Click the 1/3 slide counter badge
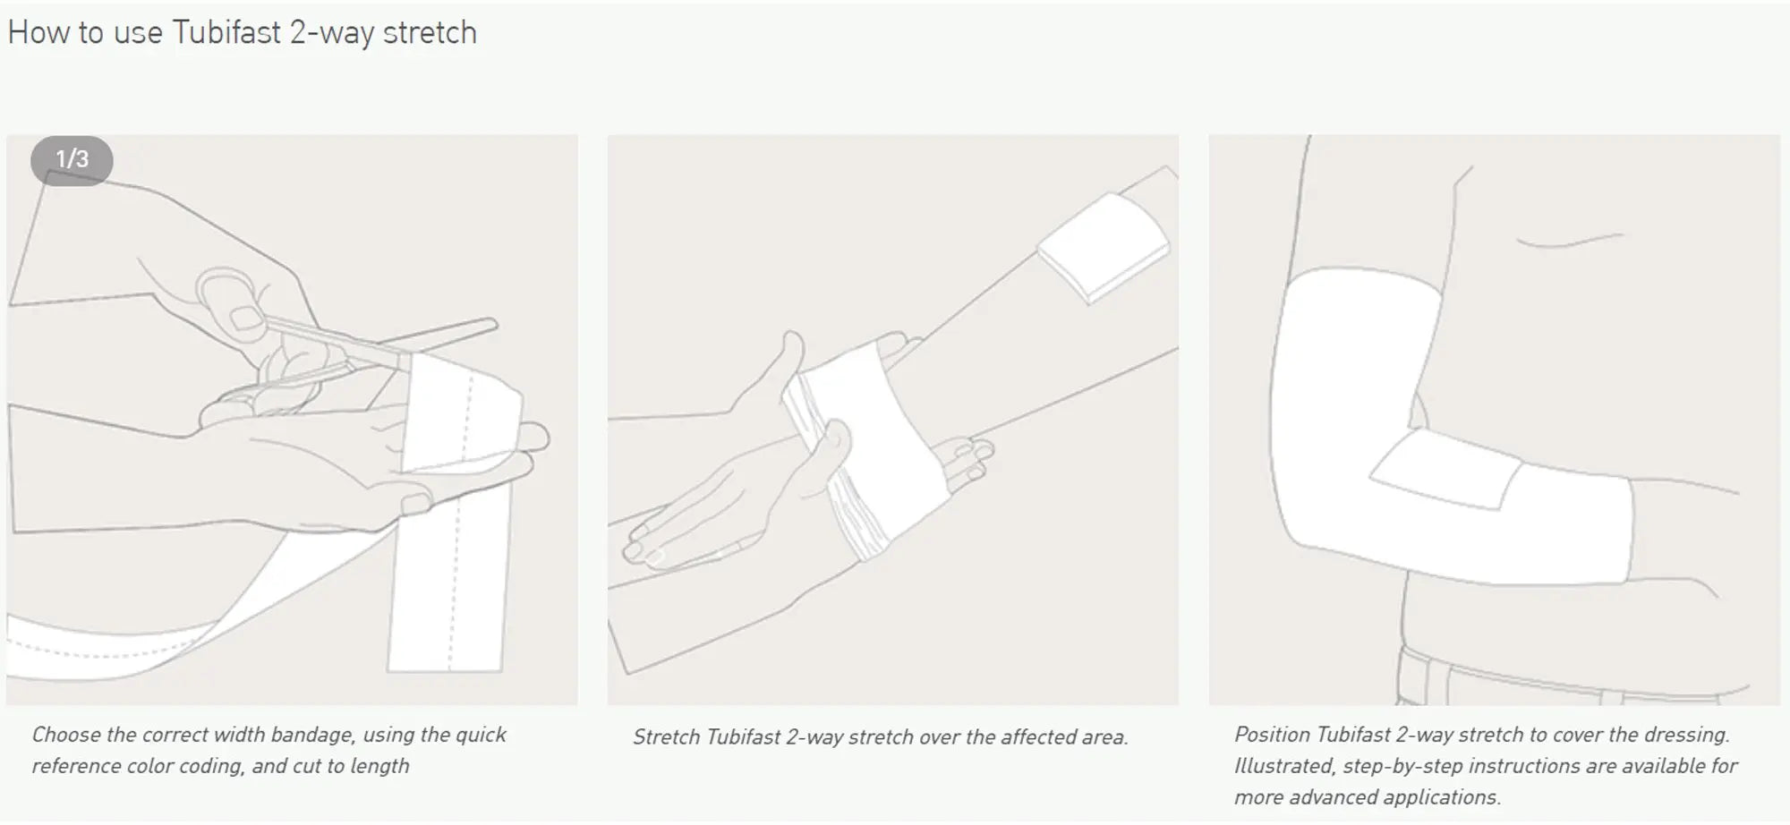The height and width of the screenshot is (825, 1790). (72, 160)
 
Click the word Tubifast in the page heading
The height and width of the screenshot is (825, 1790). (226, 33)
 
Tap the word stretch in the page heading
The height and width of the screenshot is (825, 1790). (430, 33)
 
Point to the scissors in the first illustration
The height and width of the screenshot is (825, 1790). (376, 344)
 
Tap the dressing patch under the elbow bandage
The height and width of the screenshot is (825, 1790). (1445, 474)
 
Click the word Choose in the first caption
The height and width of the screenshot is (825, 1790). (66, 736)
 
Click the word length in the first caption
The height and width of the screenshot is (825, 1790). (379, 767)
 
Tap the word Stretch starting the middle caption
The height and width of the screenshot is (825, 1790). (666, 738)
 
